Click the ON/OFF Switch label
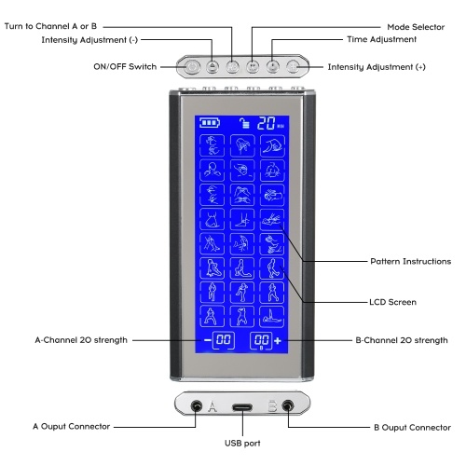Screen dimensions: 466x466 click(125, 67)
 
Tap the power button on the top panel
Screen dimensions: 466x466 click(192, 67)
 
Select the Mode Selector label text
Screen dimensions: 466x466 click(416, 27)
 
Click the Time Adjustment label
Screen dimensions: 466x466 click(381, 39)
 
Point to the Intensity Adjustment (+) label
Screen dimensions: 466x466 click(377, 67)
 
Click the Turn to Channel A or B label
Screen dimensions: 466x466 click(50, 26)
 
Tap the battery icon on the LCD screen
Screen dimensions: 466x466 click(210, 122)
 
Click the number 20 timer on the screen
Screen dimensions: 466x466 click(267, 123)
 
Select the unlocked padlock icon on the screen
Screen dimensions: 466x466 click(244, 123)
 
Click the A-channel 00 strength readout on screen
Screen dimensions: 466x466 click(224, 340)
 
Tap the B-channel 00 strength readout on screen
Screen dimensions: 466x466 click(261, 340)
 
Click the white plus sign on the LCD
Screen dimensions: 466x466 click(278, 341)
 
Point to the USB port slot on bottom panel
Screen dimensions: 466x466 click(242, 407)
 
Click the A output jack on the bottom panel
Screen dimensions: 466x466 click(196, 405)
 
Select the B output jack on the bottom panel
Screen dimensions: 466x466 click(288, 405)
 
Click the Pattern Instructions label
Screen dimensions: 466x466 click(411, 261)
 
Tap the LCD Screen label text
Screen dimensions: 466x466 click(392, 302)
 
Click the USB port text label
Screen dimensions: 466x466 click(242, 444)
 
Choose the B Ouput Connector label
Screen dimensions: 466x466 click(412, 428)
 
